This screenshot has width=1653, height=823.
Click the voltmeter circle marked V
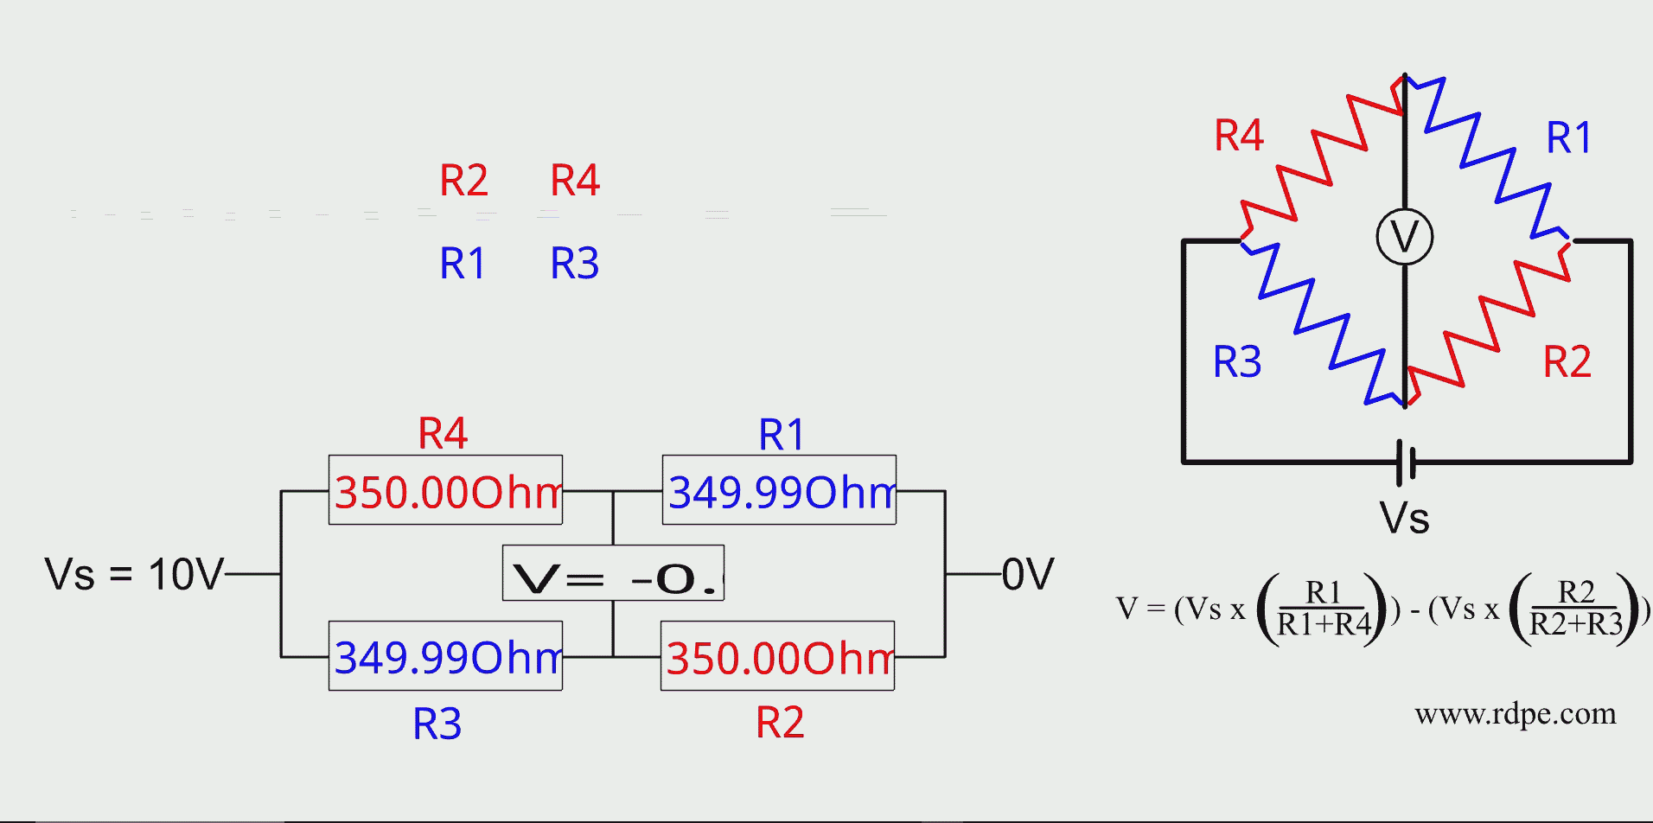point(1404,236)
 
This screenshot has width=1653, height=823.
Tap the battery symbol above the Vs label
point(1406,462)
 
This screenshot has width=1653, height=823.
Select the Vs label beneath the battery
point(1404,518)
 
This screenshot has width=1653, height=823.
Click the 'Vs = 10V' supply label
point(134,574)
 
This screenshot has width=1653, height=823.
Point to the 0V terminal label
point(1028,574)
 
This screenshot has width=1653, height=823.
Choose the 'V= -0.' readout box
point(613,573)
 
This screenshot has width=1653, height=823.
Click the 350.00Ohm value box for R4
point(445,490)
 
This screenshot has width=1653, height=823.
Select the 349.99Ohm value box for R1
point(779,490)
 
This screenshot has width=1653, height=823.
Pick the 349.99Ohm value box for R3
point(445,656)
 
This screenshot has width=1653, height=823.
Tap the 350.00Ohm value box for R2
point(777,656)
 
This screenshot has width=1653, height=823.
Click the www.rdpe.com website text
point(1515,714)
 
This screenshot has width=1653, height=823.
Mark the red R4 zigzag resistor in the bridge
point(1320,159)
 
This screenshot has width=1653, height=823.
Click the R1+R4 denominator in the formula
point(1324,624)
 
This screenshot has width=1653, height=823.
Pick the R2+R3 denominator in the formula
point(1576,624)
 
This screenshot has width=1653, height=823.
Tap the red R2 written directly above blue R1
point(463,181)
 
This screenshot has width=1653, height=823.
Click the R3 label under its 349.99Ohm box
point(437,724)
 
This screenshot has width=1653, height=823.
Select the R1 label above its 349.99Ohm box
point(781,434)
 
